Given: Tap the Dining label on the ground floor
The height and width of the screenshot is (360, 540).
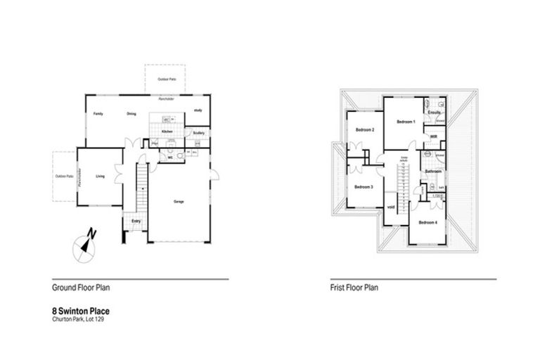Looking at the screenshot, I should (131, 114).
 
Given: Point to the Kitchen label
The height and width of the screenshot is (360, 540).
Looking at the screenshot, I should (167, 131).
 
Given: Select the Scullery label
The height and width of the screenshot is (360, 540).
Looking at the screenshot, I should (198, 132).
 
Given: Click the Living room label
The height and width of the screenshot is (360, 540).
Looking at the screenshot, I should (100, 176).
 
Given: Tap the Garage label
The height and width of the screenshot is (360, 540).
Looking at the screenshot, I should (179, 202).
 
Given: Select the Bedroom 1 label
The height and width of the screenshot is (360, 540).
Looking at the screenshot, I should (406, 122).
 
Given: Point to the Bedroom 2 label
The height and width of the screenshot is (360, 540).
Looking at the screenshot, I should (364, 130).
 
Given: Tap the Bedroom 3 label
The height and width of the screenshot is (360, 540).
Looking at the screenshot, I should (363, 186).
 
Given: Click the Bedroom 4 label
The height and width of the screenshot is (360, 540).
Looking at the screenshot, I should (427, 222).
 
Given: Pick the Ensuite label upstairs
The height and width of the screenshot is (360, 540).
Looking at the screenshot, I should (434, 112).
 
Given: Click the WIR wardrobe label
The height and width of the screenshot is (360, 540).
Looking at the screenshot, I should (434, 136).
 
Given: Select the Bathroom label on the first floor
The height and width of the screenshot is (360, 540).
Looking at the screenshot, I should (432, 171).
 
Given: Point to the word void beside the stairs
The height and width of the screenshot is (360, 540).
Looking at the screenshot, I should (391, 207).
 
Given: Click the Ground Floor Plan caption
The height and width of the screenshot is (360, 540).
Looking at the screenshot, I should (80, 288).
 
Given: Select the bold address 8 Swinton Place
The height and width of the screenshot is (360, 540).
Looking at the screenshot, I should (81, 310).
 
